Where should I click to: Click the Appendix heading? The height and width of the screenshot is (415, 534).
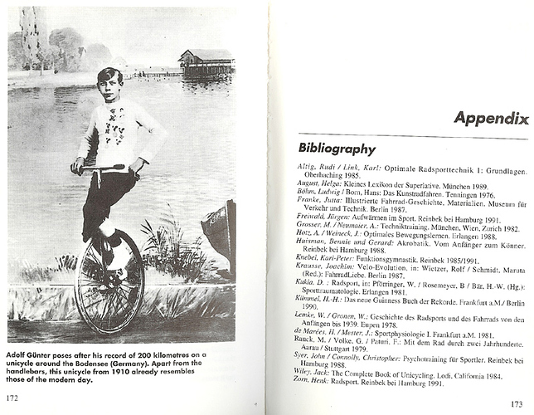point(490,118)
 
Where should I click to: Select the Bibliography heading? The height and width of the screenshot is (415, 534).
point(337,149)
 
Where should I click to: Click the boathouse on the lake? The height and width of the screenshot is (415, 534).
point(205,63)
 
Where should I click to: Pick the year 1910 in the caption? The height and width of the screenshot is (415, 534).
point(146,371)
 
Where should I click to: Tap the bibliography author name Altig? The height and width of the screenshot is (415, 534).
point(308,167)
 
